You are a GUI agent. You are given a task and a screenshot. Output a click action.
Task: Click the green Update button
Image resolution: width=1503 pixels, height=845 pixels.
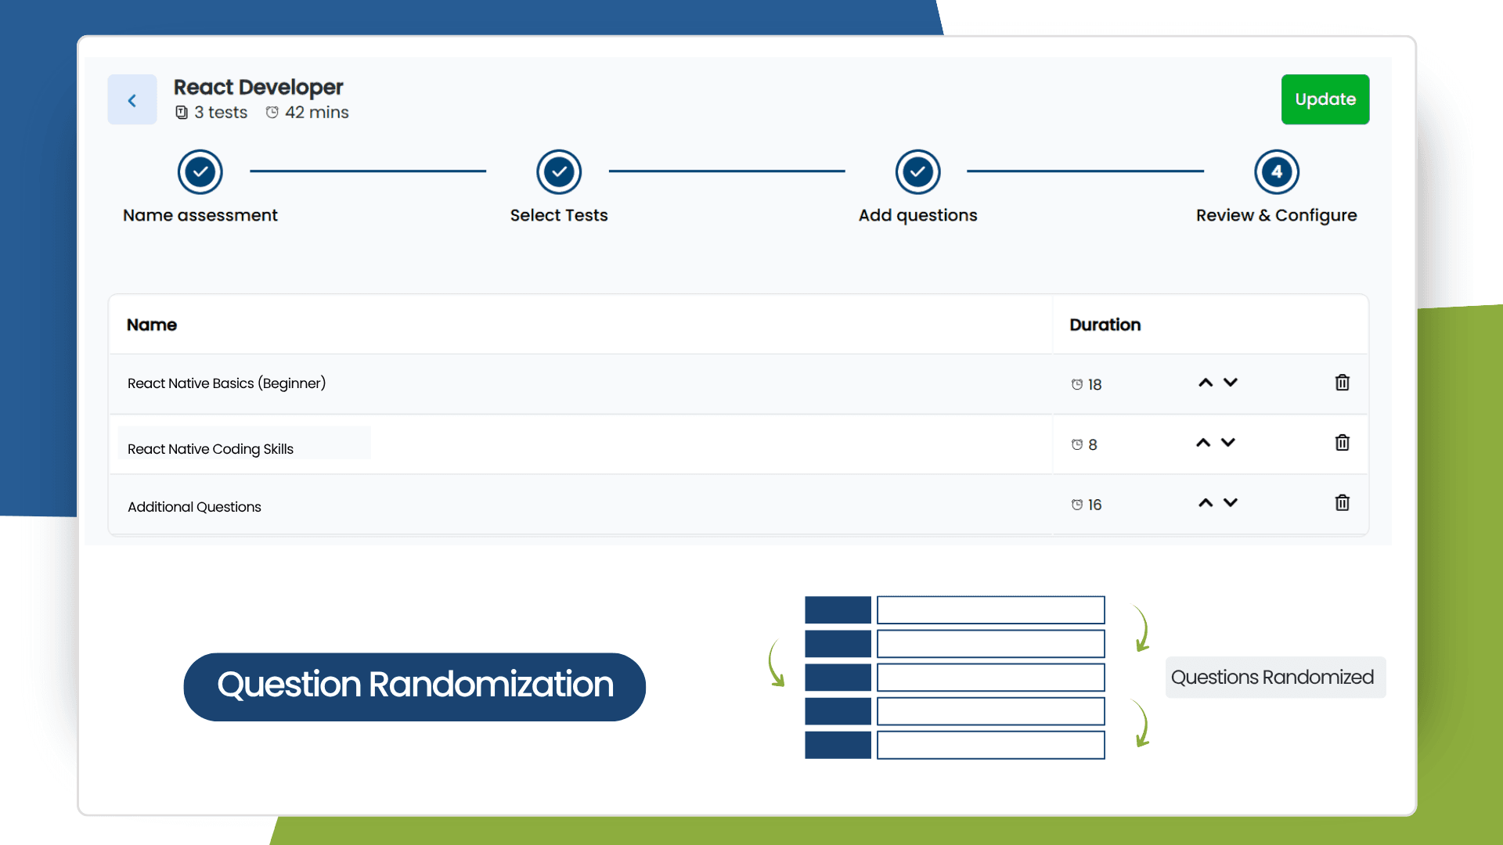(1325, 99)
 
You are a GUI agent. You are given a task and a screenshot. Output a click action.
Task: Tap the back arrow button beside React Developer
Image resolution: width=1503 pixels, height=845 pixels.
(132, 100)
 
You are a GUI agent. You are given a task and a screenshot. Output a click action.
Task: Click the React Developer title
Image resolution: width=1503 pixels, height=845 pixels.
(258, 87)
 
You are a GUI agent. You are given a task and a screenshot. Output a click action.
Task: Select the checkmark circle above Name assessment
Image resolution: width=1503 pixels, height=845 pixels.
(200, 171)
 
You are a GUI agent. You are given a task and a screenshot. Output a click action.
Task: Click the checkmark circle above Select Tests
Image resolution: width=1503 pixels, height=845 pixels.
(559, 171)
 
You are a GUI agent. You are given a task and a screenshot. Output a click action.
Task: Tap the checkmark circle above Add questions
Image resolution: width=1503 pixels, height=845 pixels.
(917, 171)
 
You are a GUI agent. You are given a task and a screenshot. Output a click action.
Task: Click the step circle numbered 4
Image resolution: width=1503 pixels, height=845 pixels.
(1276, 171)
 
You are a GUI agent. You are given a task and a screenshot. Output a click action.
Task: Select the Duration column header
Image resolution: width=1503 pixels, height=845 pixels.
(1105, 325)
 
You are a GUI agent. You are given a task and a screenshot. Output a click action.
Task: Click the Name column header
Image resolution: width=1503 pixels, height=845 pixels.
(152, 325)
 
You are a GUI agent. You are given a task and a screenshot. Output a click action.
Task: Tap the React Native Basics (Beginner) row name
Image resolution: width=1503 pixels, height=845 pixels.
(226, 383)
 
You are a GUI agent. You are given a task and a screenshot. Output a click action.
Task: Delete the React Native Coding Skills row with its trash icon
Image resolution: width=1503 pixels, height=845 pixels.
(1342, 443)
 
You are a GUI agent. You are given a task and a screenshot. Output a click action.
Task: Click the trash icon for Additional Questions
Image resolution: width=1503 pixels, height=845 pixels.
(1342, 503)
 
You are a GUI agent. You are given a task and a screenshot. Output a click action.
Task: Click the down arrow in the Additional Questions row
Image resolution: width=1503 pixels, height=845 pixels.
(1231, 502)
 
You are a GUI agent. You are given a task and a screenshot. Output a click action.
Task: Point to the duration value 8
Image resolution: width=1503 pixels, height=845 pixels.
(1092, 444)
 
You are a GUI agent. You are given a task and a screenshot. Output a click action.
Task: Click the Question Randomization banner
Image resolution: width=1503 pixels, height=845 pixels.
(414, 686)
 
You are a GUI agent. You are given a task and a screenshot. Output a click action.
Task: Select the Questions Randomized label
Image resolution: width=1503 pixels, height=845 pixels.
(1273, 677)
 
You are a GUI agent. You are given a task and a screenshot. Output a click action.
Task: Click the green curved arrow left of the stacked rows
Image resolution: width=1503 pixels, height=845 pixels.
(776, 663)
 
